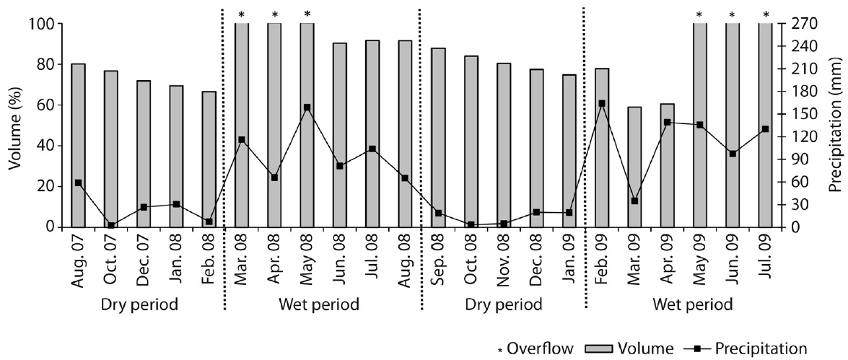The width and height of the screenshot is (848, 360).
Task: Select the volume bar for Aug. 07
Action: tap(78, 145)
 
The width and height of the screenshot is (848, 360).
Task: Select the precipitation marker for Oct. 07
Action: tap(110, 225)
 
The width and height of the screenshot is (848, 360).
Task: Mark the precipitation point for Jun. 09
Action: tap(733, 154)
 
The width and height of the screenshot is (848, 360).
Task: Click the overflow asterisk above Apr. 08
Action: tap(274, 14)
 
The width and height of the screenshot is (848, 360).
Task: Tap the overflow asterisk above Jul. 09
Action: tap(765, 14)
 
